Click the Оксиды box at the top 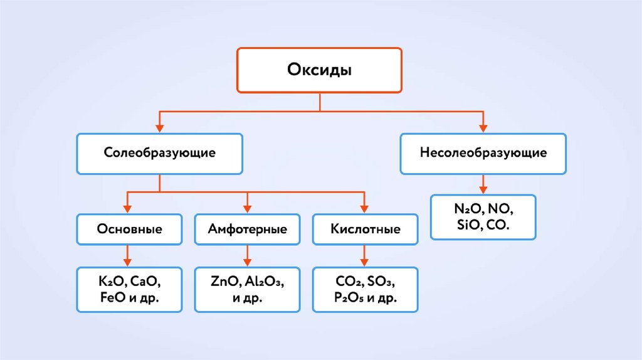[319, 70]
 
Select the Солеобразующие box [160, 153]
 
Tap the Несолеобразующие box [483, 153]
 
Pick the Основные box [129, 229]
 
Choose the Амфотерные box [247, 229]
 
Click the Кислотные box [365, 229]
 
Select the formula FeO [112, 297]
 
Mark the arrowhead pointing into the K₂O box [129, 262]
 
